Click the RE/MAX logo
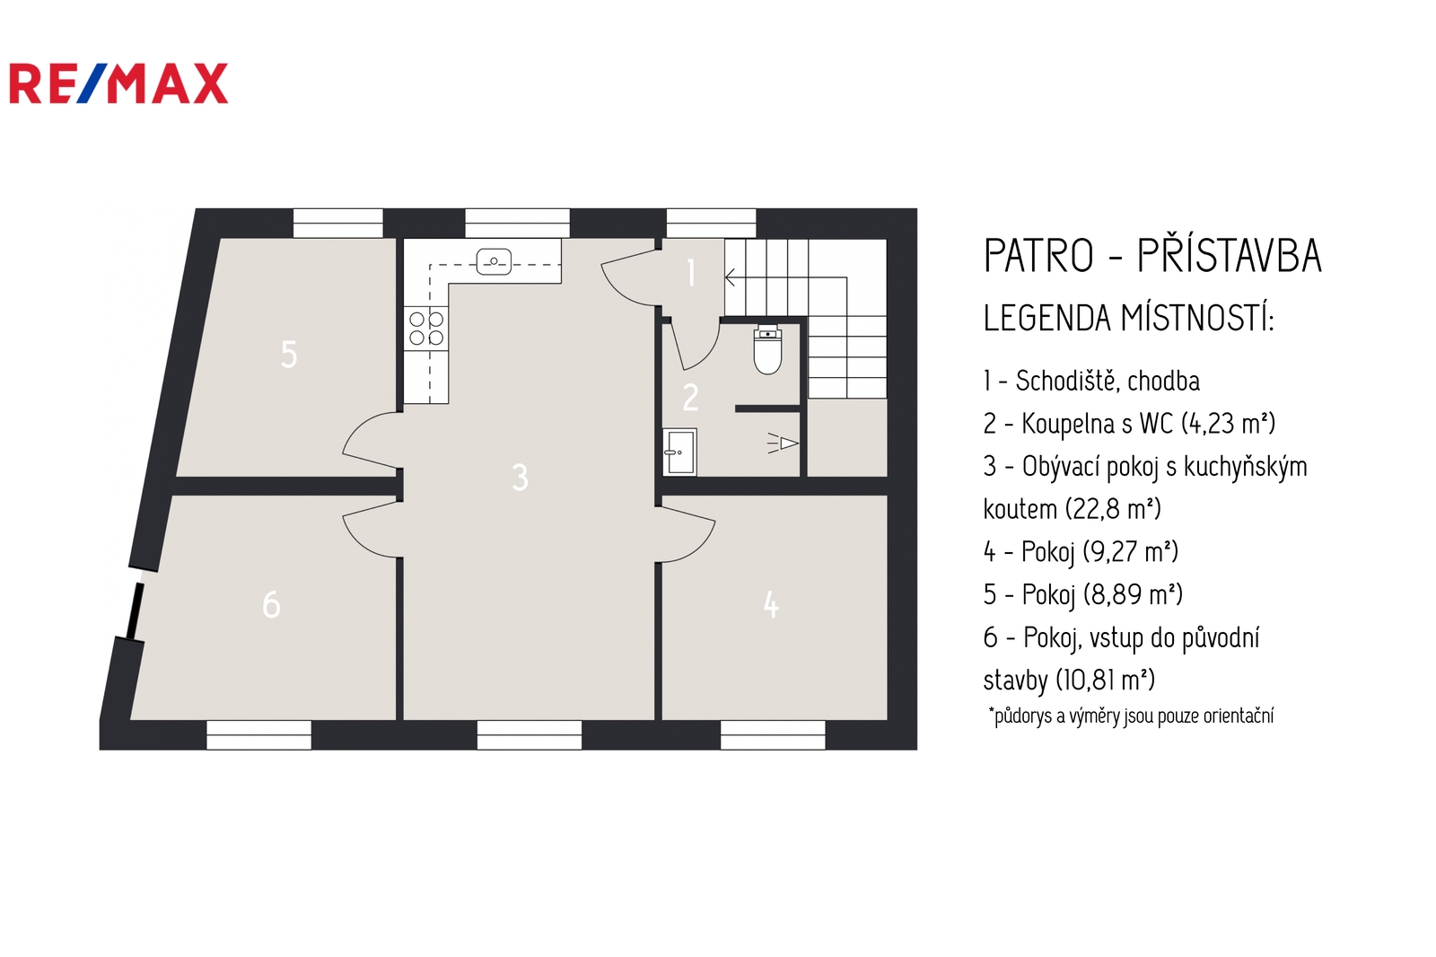118,83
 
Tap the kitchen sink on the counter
494,262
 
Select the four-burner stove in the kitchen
426,328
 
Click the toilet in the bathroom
767,349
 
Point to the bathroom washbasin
679,452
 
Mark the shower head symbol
783,443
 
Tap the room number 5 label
289,354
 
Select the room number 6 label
271,605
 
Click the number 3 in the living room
520,478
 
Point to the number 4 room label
771,605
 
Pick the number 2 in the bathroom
690,398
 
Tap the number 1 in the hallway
691,273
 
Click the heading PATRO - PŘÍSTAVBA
1152,256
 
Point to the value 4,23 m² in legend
1229,424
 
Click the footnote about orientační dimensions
1132,716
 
